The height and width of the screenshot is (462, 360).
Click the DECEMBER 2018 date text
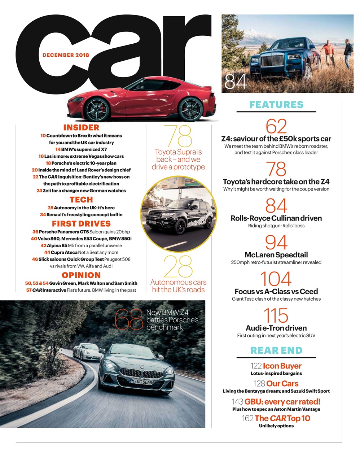[x=66, y=55]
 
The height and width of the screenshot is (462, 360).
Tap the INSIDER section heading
[x=81, y=127]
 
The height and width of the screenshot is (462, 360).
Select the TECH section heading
[x=81, y=200]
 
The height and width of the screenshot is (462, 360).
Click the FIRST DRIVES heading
[x=81, y=223]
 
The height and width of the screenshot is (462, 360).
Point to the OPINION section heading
[x=81, y=275]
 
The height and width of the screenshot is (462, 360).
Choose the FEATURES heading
[x=276, y=105]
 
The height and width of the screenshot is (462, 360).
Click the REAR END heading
[x=276, y=350]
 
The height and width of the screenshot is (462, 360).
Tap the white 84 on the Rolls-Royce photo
[x=236, y=82]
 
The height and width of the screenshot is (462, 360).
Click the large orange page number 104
[x=276, y=279]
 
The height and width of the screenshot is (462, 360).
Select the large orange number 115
[x=276, y=315]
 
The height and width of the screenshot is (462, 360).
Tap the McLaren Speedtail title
[x=276, y=255]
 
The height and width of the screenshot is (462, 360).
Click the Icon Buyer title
[x=282, y=366]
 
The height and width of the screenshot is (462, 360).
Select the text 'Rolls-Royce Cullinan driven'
[x=276, y=218]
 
